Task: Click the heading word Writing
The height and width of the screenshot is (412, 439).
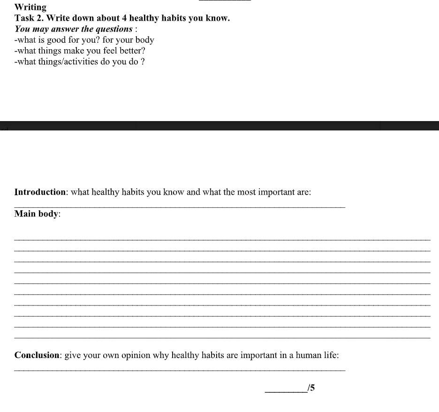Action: click(30, 7)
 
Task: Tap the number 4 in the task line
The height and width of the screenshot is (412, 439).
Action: click(124, 18)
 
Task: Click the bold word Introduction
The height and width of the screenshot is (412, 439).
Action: click(40, 192)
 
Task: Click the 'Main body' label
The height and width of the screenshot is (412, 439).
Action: click(37, 214)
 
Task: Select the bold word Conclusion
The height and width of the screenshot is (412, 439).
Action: click(37, 355)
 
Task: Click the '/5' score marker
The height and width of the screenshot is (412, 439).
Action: click(311, 388)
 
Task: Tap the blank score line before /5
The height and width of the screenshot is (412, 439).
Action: click(286, 391)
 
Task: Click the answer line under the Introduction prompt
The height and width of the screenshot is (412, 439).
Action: click(180, 206)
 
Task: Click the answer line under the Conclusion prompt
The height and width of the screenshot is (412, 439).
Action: click(180, 370)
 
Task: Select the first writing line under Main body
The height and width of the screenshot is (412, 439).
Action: click(222, 240)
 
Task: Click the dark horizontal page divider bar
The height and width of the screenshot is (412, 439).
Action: click(219, 126)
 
